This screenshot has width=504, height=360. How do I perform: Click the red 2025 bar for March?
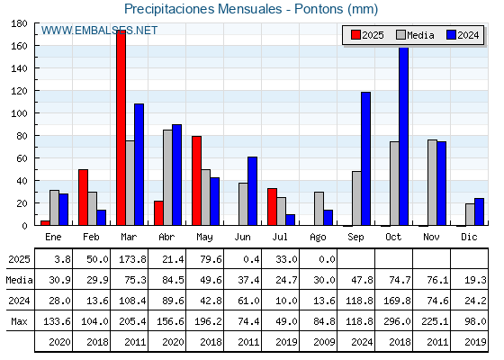click(121, 128)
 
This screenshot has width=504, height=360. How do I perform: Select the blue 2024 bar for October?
click(404, 136)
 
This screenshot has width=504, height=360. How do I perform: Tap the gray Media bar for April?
click(167, 177)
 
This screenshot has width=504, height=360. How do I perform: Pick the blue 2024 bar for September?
click(365, 158)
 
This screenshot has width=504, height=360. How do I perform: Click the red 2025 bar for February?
click(83, 197)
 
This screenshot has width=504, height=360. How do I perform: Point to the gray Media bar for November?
click(432, 183)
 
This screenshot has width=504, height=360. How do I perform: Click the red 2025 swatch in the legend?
click(355, 35)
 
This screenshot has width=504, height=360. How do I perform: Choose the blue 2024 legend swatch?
click(451, 35)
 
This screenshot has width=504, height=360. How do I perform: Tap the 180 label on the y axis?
click(19, 23)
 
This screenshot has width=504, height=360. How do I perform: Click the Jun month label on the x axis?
click(242, 238)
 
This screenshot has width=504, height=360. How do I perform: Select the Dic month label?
click(469, 237)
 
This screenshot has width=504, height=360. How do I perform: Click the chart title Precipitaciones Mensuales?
click(202, 9)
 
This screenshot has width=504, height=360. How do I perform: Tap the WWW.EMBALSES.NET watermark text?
click(99, 31)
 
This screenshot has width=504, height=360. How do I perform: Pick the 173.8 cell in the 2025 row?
click(132, 259)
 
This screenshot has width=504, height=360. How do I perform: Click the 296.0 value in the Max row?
click(397, 321)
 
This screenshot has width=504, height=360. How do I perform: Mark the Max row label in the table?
click(19, 321)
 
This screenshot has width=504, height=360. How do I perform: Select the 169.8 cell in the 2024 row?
click(397, 301)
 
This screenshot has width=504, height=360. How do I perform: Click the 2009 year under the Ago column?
click(324, 342)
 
